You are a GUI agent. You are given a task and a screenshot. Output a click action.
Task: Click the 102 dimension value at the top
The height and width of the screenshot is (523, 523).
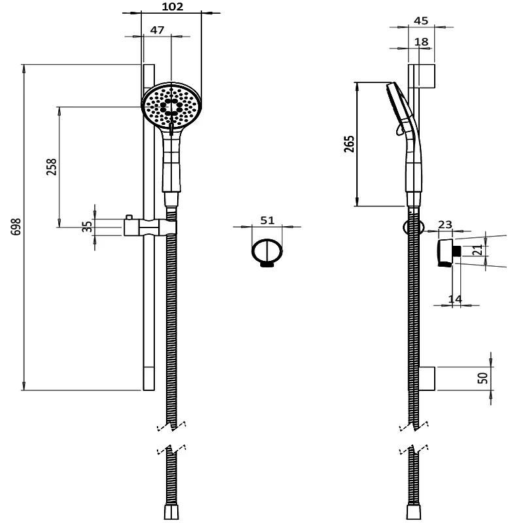click(172, 7)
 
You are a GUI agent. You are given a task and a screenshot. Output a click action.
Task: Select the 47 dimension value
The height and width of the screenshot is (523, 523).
click(157, 30)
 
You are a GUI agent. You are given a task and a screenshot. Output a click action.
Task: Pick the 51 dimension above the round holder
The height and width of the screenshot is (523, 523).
click(267, 220)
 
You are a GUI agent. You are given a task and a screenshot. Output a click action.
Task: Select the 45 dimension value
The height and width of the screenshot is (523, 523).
click(421, 21)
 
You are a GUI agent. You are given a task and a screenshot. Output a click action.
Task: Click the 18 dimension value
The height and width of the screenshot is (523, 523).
click(422, 42)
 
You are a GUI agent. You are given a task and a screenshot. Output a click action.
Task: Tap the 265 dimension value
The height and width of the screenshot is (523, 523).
click(348, 143)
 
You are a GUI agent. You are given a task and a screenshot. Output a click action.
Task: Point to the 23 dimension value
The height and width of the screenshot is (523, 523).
click(445, 224)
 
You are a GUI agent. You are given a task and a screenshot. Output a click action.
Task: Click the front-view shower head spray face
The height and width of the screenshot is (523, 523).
click(172, 105)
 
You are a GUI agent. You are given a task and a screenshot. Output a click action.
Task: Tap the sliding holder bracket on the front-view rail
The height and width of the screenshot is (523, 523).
click(150, 227)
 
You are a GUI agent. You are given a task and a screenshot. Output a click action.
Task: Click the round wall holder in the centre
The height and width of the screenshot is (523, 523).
click(267, 252)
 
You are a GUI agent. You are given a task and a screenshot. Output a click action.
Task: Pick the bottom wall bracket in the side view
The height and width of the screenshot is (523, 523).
click(427, 377)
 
